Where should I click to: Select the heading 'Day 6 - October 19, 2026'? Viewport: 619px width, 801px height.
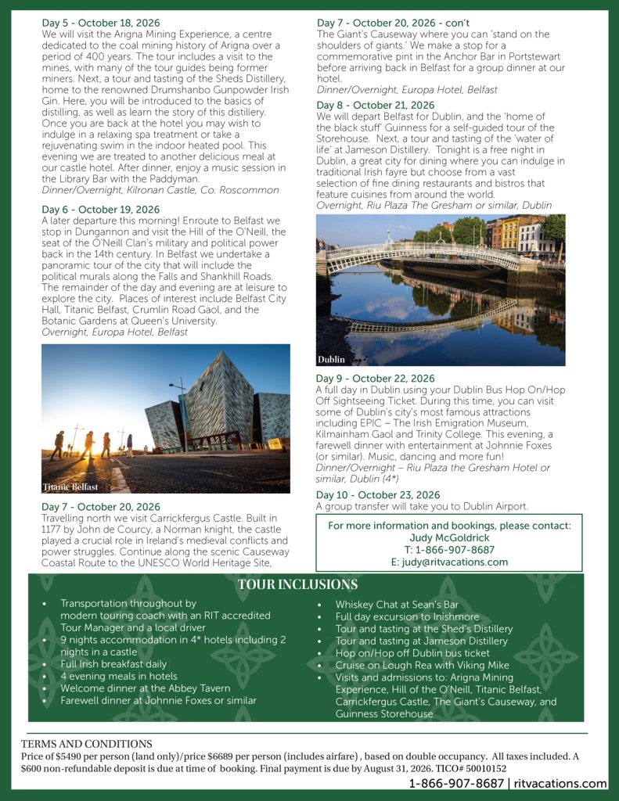[x=100, y=210]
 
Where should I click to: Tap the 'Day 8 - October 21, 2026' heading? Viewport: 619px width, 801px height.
[x=375, y=105]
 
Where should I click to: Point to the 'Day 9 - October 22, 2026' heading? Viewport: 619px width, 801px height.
[x=375, y=379]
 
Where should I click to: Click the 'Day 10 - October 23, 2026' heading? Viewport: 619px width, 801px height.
[x=378, y=495]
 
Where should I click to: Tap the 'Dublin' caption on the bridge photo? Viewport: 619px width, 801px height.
[x=331, y=360]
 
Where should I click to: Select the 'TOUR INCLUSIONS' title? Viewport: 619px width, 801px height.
[x=297, y=585]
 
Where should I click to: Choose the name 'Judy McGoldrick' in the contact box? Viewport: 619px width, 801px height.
[x=449, y=537]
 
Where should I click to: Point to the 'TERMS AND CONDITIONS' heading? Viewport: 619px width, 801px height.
[x=87, y=744]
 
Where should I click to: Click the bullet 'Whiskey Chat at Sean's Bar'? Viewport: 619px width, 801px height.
[x=396, y=604]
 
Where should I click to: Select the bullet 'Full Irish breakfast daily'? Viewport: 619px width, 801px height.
[x=113, y=664]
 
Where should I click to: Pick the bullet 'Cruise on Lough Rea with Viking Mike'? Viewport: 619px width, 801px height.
[x=422, y=665]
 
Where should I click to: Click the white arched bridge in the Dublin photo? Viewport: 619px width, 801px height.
[x=423, y=254]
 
